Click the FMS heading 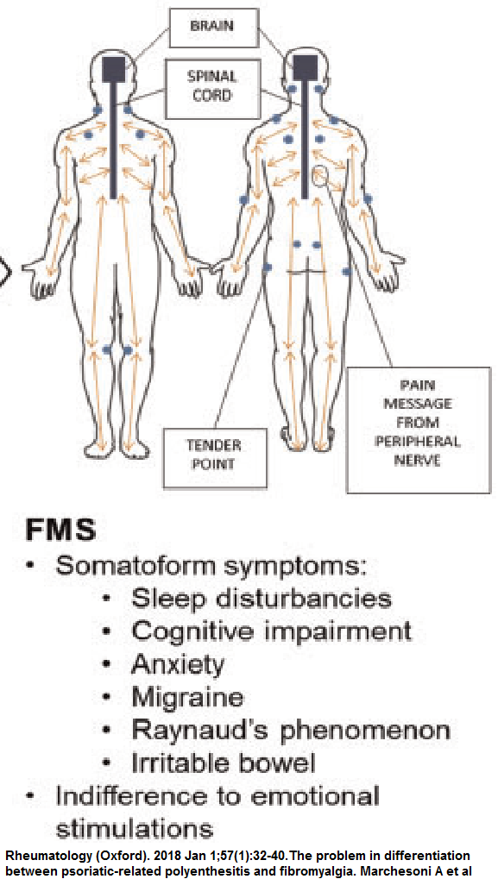pos(60,531)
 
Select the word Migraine pos(188,699)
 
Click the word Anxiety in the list pos(178,666)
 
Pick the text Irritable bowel pos(224,763)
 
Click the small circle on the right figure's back pos(320,176)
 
